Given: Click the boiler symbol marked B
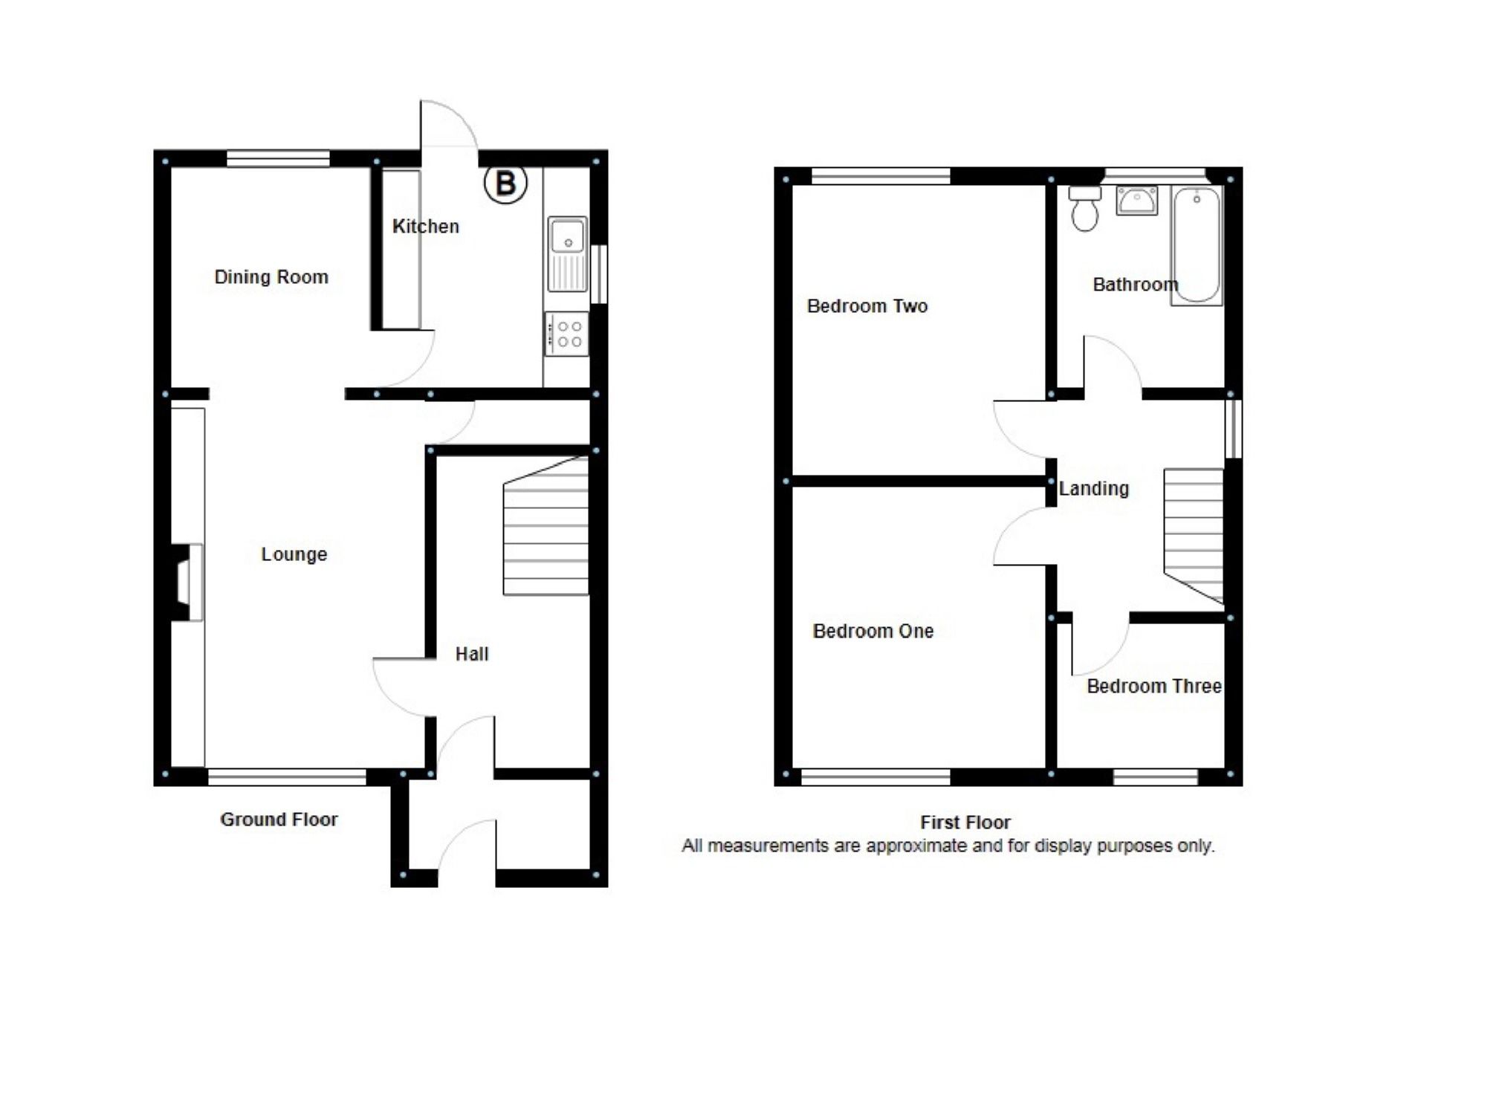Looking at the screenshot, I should coord(505,183).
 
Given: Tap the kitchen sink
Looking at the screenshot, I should coord(567,253).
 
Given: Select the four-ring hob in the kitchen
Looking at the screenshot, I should coord(568,334).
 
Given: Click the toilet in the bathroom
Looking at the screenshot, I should coord(1085,208).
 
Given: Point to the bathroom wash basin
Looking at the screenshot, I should coord(1136,201).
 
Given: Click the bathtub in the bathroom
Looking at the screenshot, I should coord(1197,245).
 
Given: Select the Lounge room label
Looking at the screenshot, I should coord(294,554).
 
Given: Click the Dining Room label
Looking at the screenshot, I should coord(271,277).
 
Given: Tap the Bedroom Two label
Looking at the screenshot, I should coord(867,306).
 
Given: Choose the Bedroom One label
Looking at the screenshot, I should coord(873,631).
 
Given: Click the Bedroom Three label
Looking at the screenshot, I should coord(1153,686).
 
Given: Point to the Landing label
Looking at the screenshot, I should coord(1093,488).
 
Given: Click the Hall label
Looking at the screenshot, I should coord(472,654).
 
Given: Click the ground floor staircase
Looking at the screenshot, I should coord(546,528).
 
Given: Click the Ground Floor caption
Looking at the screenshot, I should coord(279,819).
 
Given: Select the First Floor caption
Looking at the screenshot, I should coord(965,822).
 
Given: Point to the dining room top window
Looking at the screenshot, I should coord(278,158).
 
